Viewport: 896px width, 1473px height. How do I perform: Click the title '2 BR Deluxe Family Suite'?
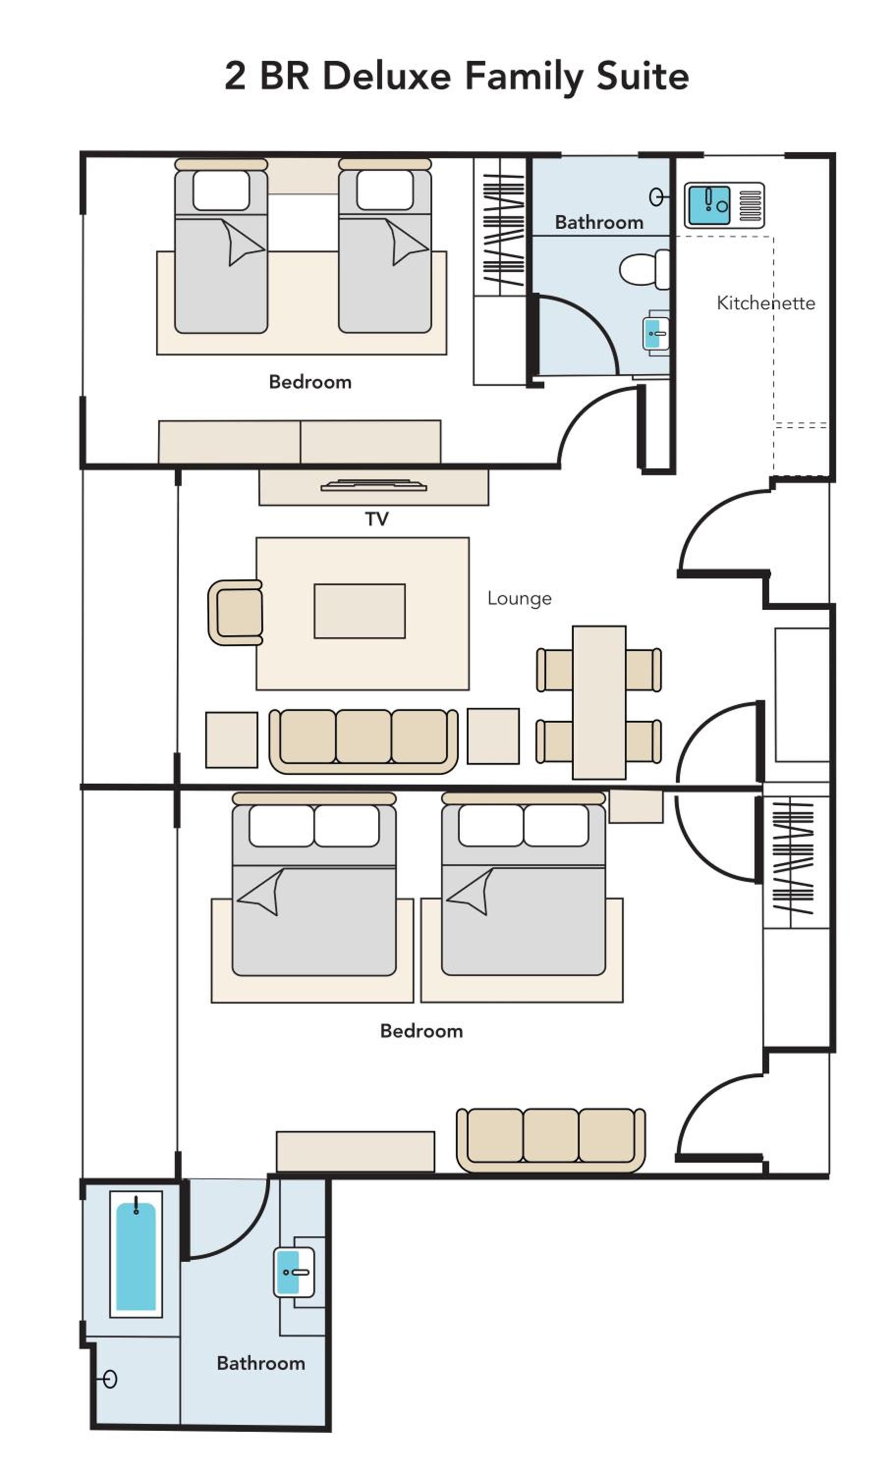click(x=456, y=77)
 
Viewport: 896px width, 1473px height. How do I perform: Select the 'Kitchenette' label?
click(x=766, y=303)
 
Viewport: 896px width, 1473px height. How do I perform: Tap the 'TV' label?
click(x=377, y=519)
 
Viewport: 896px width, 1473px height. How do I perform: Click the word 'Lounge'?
click(x=519, y=599)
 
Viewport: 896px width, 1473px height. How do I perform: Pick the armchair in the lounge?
click(x=235, y=612)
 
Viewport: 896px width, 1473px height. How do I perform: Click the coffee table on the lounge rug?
click(x=360, y=611)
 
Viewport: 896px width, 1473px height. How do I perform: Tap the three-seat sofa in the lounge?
click(x=363, y=741)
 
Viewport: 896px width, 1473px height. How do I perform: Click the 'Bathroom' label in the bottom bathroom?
click(x=261, y=1364)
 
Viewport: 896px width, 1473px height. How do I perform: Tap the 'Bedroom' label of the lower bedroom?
click(x=421, y=1031)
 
